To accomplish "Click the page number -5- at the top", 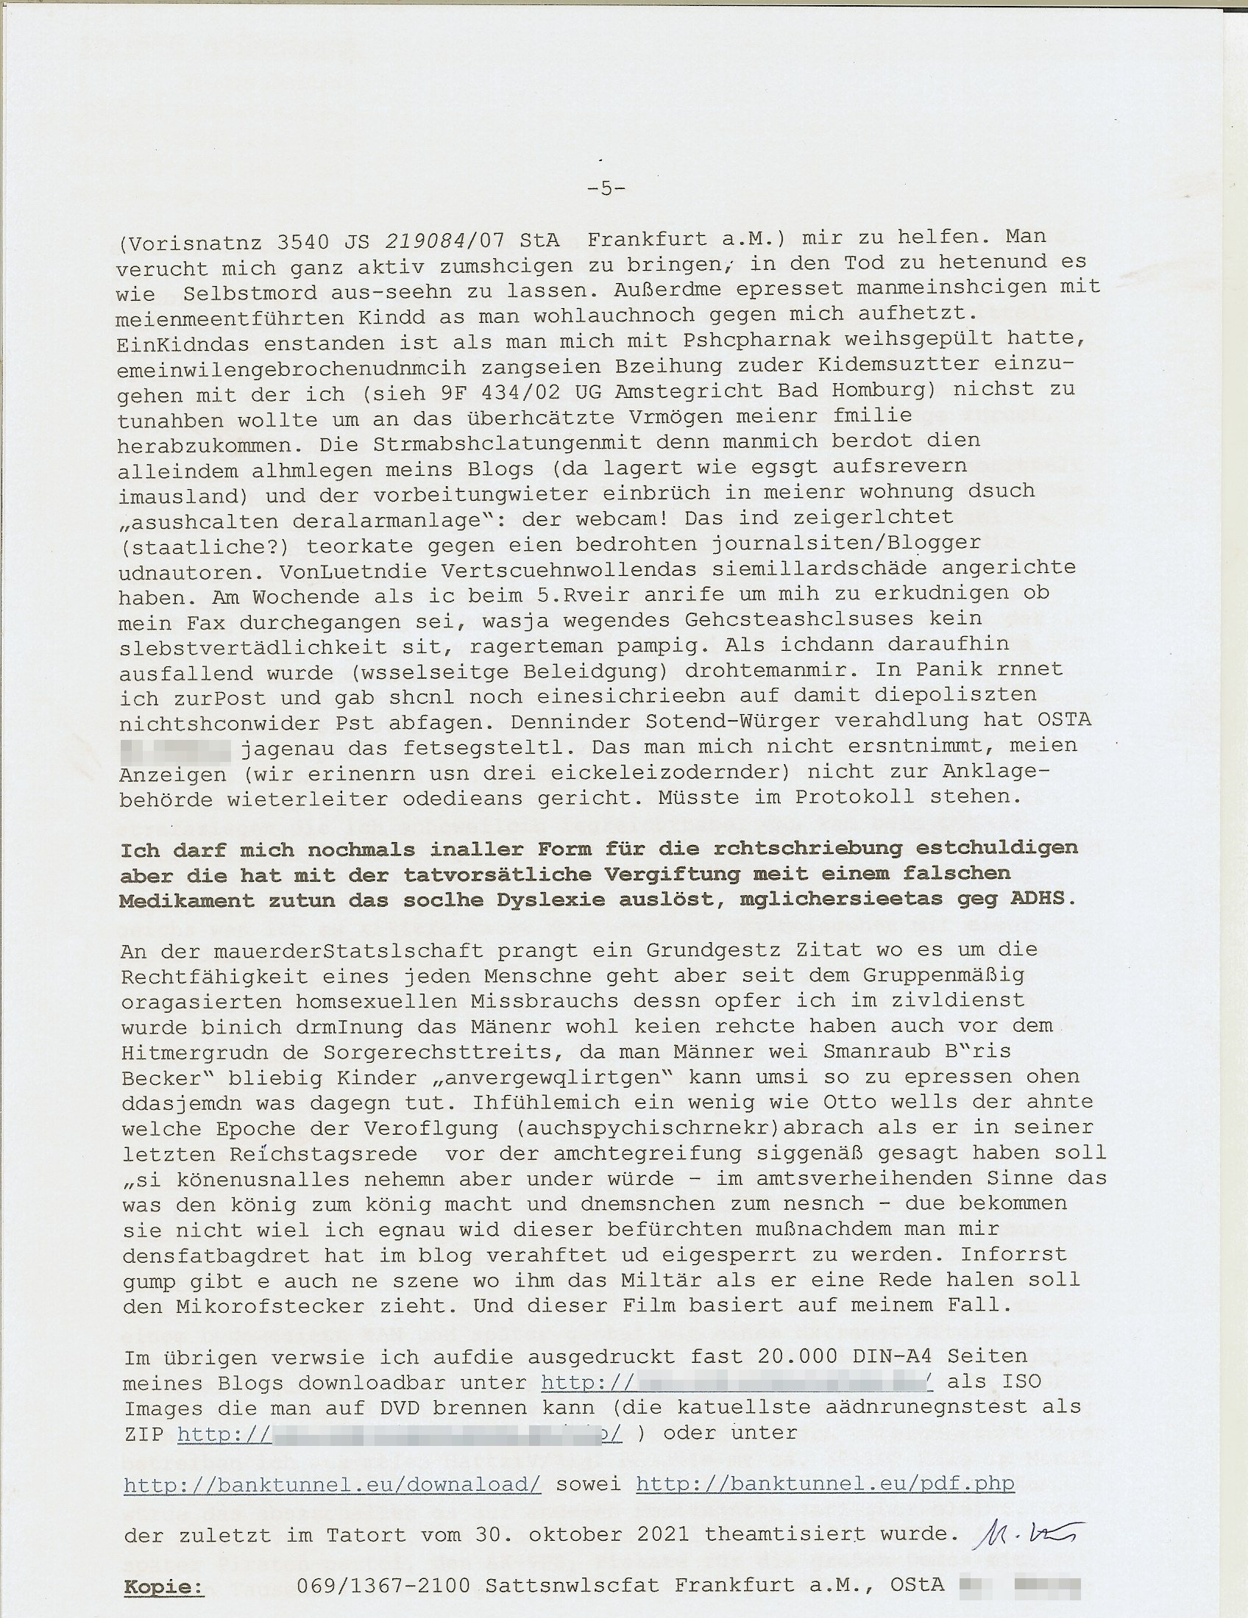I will tap(606, 189).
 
